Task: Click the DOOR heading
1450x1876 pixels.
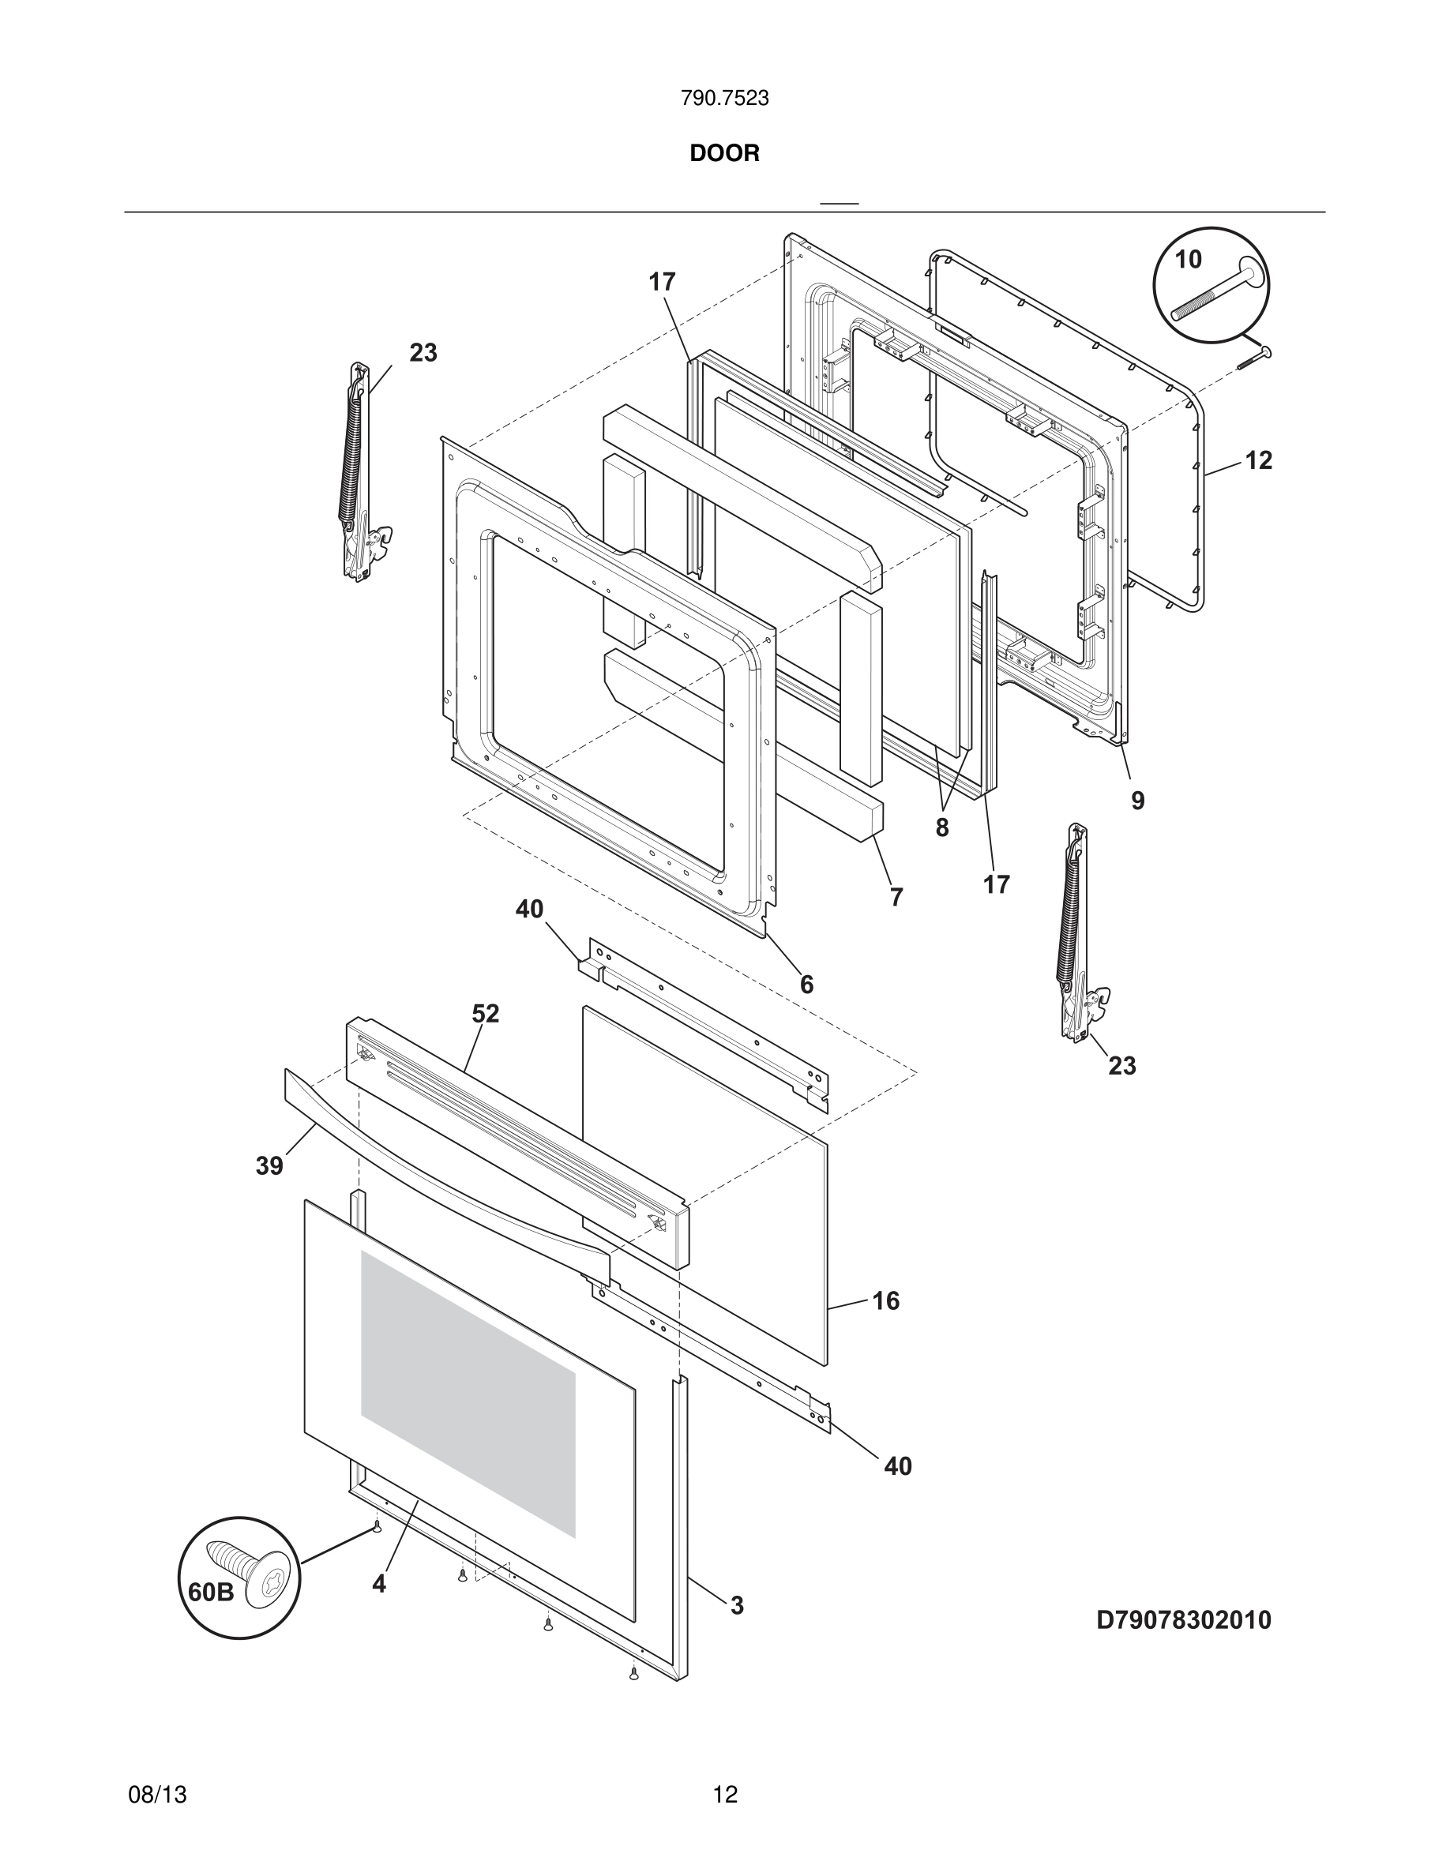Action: (x=724, y=154)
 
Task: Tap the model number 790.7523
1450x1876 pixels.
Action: (x=724, y=99)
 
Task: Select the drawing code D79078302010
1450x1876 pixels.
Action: (x=1183, y=1620)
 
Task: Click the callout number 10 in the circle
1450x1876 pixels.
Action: (x=1188, y=260)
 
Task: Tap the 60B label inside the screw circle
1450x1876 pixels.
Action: (x=210, y=1592)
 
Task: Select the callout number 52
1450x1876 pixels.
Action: (x=486, y=1014)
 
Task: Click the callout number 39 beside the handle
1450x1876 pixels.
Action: (x=269, y=1166)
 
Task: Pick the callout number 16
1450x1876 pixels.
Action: (x=885, y=1300)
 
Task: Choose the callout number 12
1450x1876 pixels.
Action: (x=1258, y=460)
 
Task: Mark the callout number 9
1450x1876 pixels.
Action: (x=1137, y=801)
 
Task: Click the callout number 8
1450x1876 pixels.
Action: (x=942, y=828)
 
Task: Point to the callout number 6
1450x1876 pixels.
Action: (x=806, y=985)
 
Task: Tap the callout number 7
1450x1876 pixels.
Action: (x=896, y=897)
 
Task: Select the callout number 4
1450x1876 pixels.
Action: (x=379, y=1584)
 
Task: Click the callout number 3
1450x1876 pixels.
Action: (x=737, y=1605)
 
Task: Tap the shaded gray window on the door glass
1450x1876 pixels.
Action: (x=468, y=1391)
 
